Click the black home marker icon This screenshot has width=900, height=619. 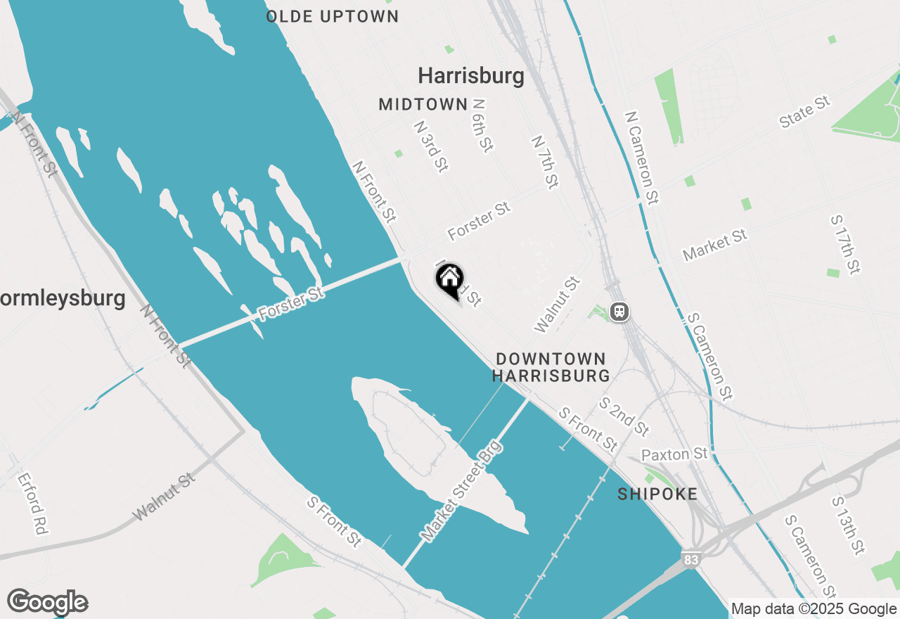(450, 280)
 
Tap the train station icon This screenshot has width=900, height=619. (619, 311)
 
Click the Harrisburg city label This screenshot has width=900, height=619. (471, 76)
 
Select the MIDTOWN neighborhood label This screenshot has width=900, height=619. (423, 105)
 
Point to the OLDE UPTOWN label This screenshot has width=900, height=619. (333, 16)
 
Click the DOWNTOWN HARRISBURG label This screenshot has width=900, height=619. (551, 367)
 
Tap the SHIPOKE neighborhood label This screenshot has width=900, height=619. (657, 494)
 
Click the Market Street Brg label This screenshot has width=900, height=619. (462, 490)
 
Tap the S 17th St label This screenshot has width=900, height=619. (845, 244)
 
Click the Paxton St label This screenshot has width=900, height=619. (674, 454)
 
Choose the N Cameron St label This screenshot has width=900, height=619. (642, 157)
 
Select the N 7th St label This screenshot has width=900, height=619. (545, 162)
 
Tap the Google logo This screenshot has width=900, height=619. (48, 602)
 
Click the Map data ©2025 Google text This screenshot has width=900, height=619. (814, 609)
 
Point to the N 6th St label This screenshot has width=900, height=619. (482, 125)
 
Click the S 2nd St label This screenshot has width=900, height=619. (624, 416)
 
